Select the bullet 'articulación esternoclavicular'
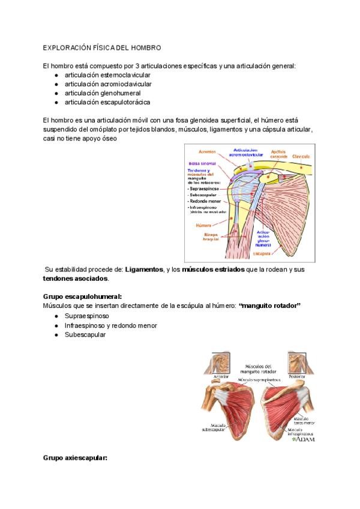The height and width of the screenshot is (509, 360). coord(107,75)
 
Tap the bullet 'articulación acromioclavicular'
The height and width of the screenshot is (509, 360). coord(108,84)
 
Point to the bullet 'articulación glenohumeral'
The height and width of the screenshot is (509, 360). coord(103,93)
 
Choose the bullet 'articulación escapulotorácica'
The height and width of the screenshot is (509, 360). coord(107,102)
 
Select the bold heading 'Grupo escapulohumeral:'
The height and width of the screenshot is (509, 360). coord(82,297)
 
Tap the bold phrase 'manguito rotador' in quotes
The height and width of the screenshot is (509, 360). coord(269,306)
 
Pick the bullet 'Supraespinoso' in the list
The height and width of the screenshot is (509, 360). coord(86,316)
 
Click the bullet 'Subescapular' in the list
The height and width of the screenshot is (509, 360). coord(85,334)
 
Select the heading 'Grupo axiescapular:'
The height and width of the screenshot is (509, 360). coord(75,458)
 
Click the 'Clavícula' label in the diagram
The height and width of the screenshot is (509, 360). coord(302,156)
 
